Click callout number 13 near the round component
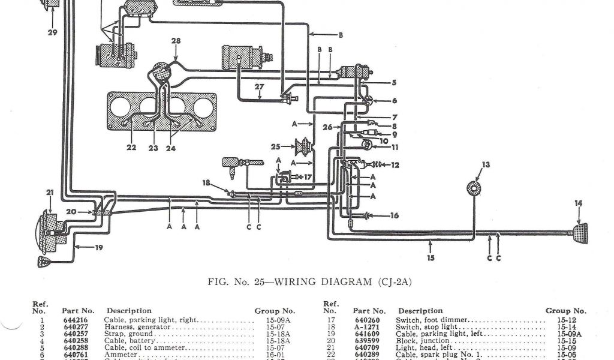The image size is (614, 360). [486, 164]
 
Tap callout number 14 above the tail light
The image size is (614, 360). [578, 204]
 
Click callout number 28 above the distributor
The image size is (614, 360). [176, 41]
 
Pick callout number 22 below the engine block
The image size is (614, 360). [131, 148]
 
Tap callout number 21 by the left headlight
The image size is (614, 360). [49, 192]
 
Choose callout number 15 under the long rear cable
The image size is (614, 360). [431, 258]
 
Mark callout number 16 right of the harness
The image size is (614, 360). [394, 216]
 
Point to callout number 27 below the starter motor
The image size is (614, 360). [258, 86]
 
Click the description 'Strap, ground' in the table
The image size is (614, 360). [128, 334]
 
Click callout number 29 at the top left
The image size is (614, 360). [52, 32]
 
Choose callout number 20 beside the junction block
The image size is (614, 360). [71, 211]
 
